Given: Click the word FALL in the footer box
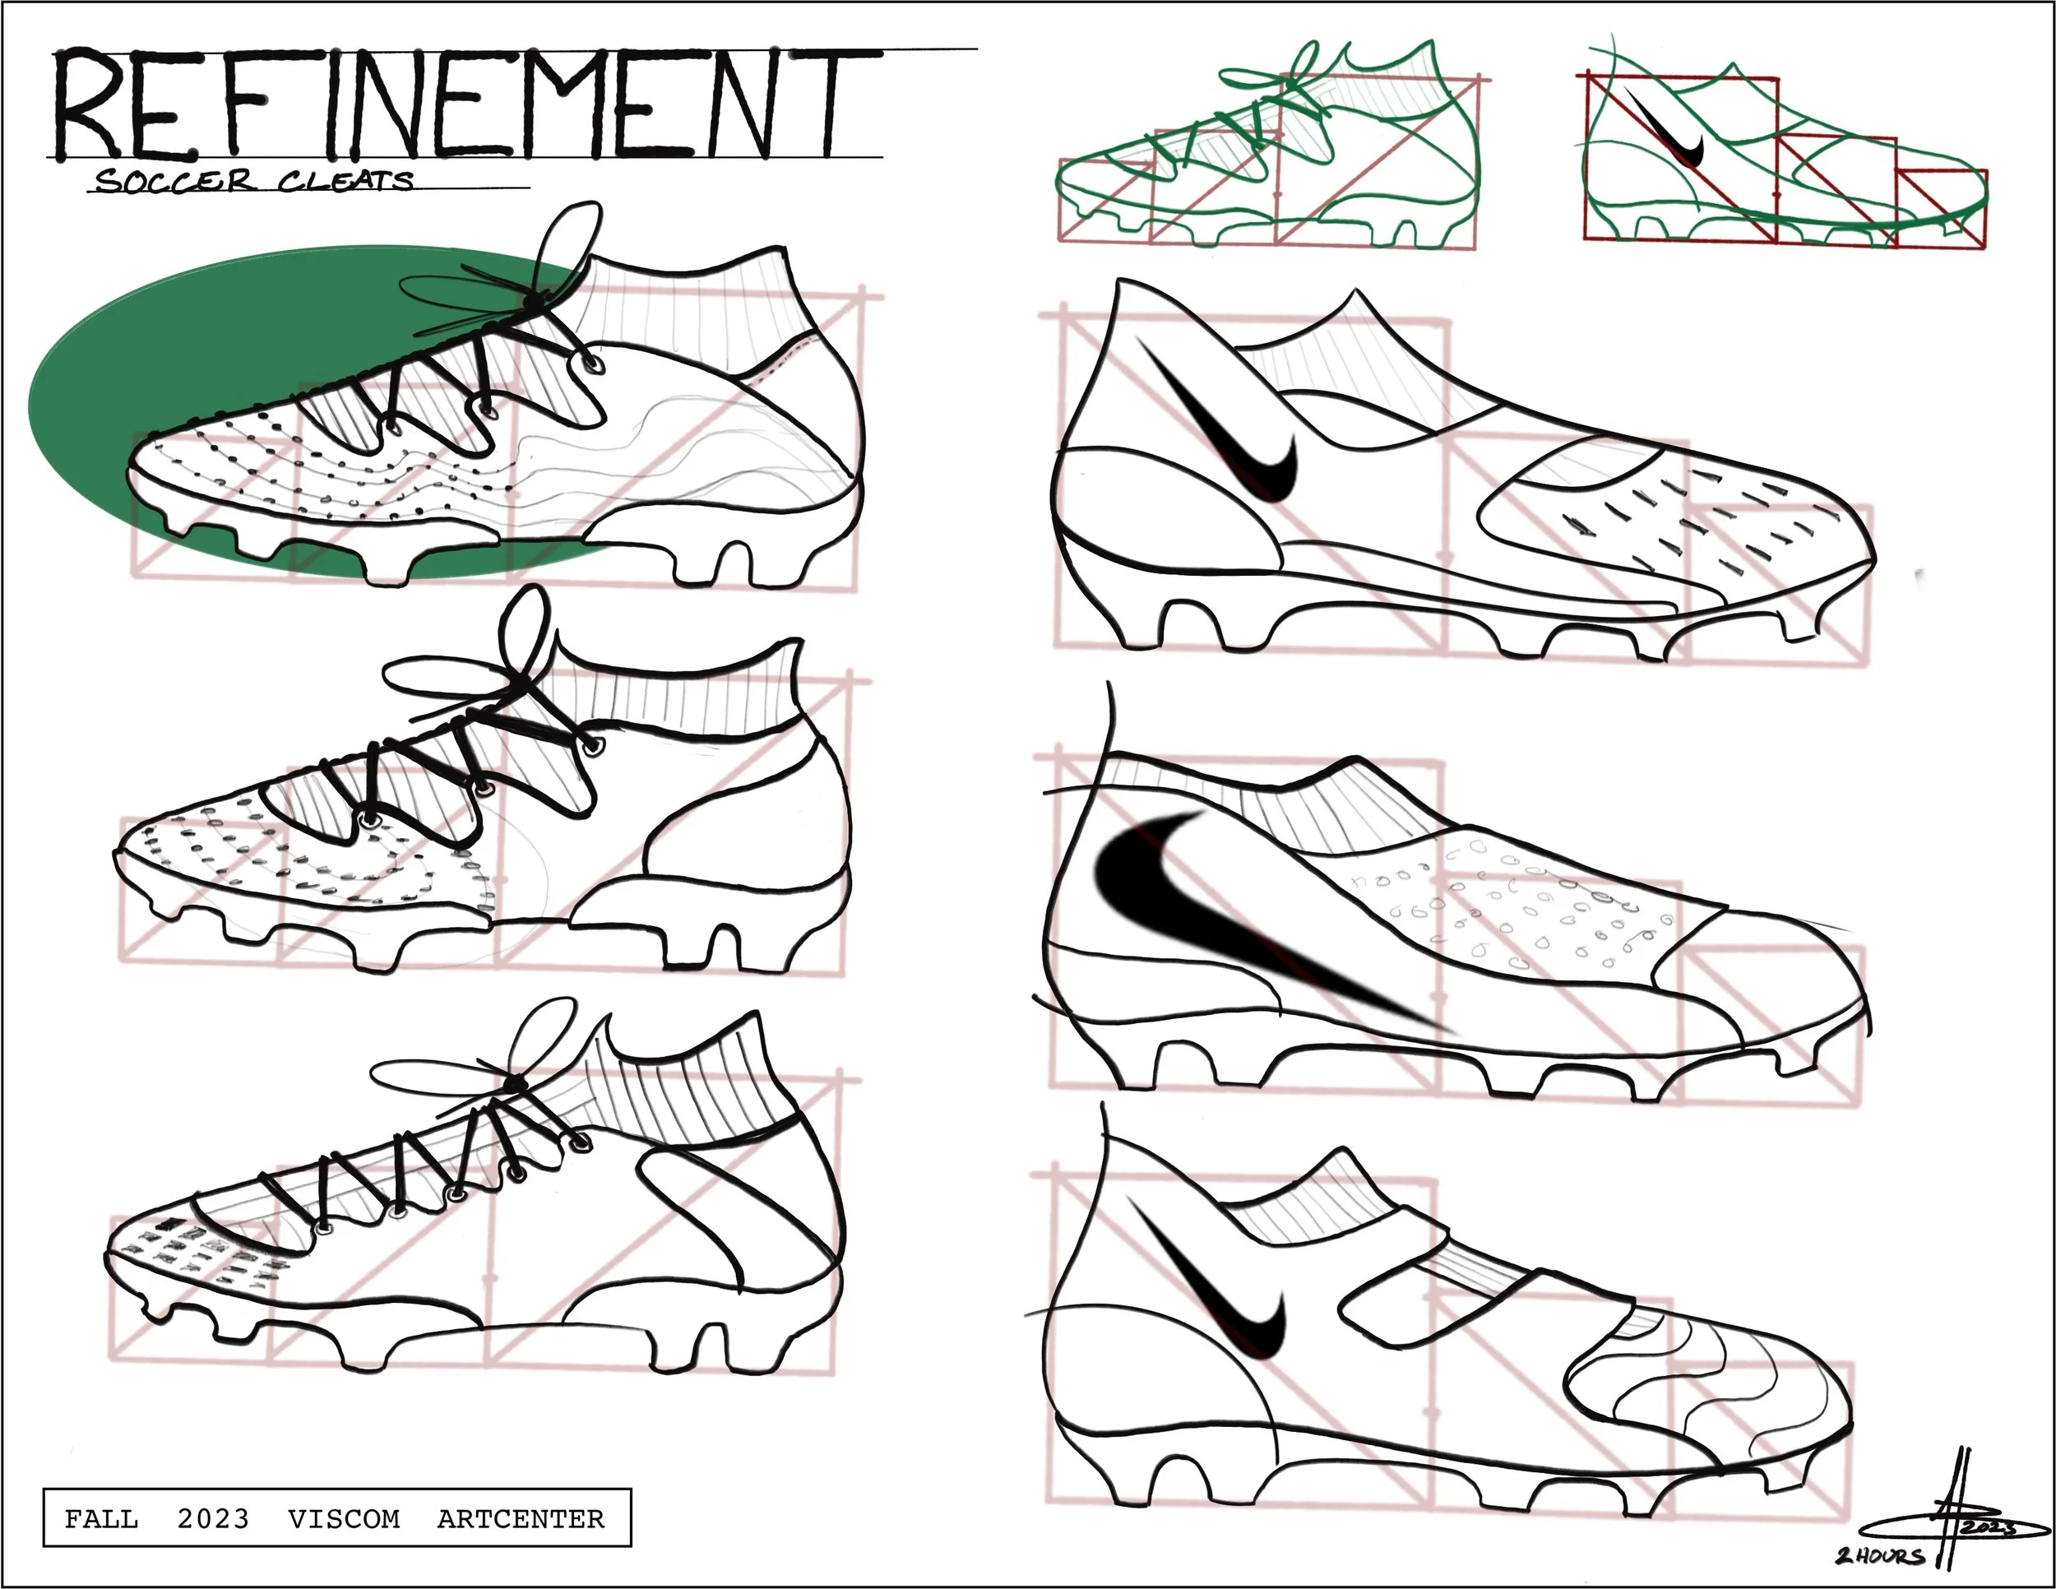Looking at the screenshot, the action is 100,1518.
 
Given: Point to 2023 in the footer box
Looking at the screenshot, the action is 213,1518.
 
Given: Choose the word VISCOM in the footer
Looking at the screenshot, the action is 344,1518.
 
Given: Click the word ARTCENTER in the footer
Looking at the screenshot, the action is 521,1518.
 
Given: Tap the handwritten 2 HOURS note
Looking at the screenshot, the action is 1879,1555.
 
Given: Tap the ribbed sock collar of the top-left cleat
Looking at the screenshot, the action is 697,311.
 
